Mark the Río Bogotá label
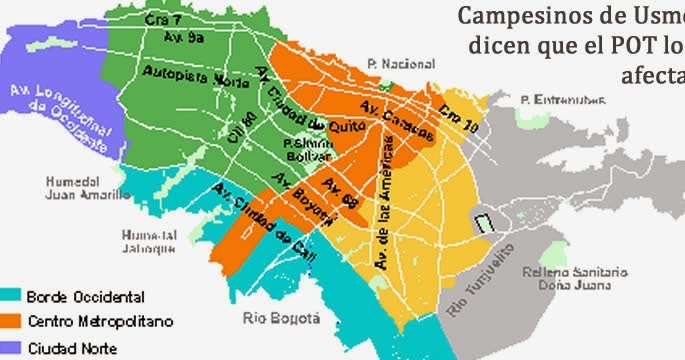281,318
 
